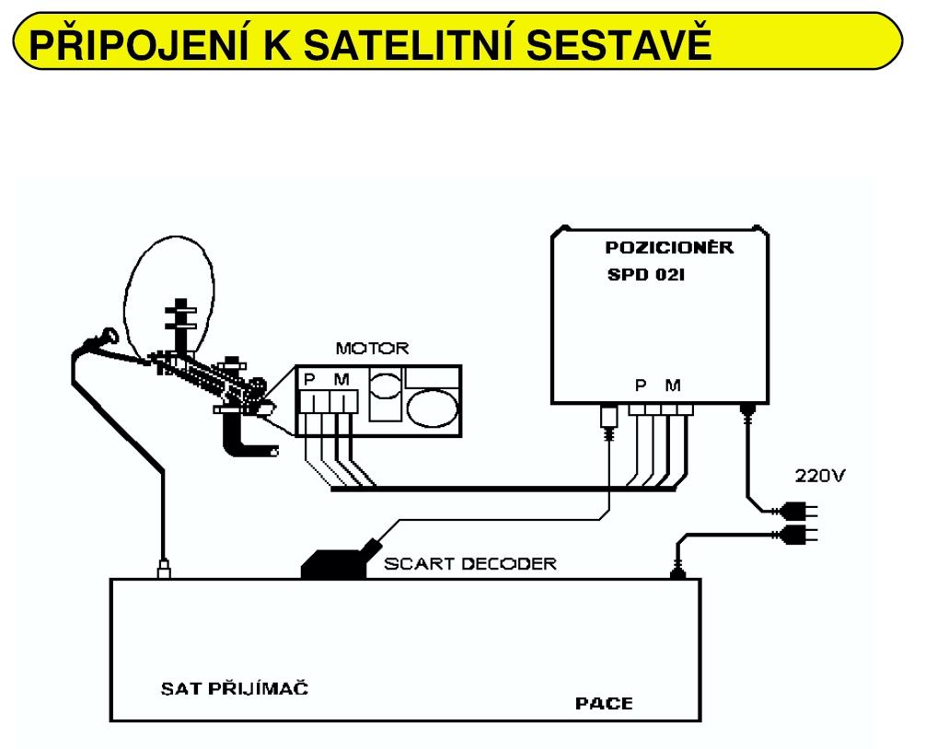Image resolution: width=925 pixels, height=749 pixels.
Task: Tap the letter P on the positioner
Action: click(639, 385)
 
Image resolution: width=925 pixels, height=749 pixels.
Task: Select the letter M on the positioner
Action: click(675, 385)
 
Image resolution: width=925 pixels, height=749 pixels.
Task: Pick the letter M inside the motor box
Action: click(341, 379)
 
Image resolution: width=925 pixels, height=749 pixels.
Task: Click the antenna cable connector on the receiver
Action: click(163, 568)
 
